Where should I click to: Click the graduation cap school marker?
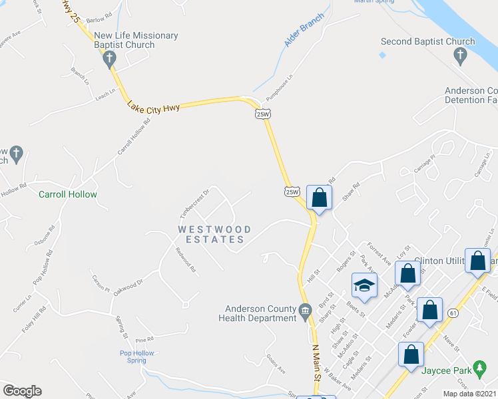point(364,285)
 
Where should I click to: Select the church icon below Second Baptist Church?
point(461,57)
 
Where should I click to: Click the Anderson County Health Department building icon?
point(306,309)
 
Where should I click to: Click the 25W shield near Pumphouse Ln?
point(263,114)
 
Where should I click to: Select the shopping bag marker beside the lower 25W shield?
point(320,198)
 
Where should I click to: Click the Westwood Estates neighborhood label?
point(214,234)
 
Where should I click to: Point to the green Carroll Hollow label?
point(68,195)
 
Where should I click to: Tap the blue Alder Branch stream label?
point(303,29)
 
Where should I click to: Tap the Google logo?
point(22,390)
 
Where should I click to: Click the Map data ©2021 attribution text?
point(469,394)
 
